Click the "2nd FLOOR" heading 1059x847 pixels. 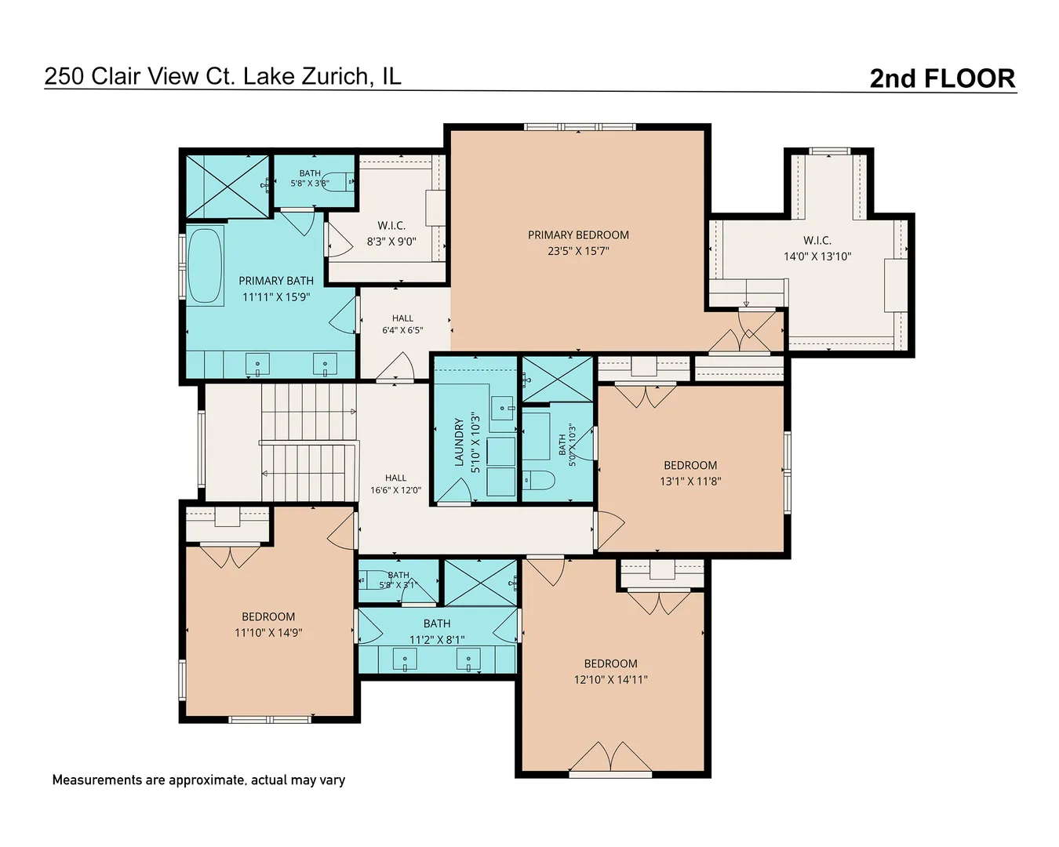click(942, 78)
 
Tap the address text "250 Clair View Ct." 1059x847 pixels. click(140, 76)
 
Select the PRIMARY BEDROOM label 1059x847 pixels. click(578, 234)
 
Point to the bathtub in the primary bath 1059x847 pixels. click(205, 265)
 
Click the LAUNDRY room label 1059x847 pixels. click(459, 442)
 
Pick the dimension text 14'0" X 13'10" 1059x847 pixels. click(817, 256)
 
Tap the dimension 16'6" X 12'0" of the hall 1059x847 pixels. click(395, 489)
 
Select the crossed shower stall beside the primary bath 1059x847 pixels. click(227, 187)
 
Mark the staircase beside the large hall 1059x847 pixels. click(308, 442)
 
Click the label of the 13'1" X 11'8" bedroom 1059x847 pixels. click(690, 465)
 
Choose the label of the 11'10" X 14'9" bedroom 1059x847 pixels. click(268, 616)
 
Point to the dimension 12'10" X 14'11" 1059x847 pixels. click(610, 680)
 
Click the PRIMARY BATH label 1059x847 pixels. click(275, 281)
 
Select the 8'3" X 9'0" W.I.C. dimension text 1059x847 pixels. click(391, 242)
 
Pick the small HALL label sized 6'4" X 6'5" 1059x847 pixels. click(402, 318)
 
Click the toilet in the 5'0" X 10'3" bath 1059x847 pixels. click(538, 480)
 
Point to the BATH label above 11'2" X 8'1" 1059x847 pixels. click(436, 623)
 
